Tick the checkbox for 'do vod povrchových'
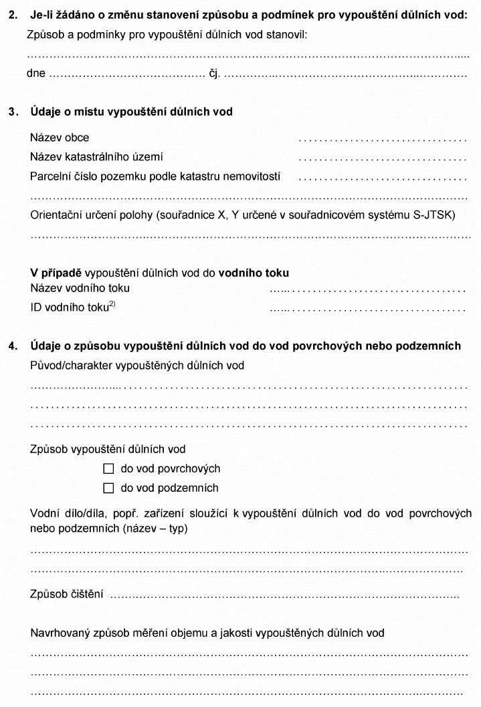109,469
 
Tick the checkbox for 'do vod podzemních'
109,488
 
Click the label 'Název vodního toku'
80,289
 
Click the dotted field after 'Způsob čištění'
284,595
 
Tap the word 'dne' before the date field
36,74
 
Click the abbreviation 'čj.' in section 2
214,74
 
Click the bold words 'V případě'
56,273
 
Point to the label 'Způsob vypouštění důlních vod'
108,450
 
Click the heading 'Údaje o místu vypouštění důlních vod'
132,112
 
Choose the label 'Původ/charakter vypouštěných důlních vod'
137,366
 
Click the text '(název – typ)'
157,529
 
